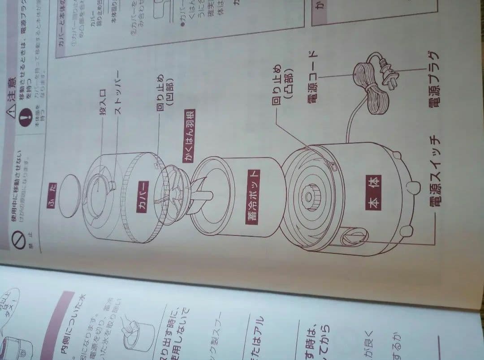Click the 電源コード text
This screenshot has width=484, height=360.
(312, 77)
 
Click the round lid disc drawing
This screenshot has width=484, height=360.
(68, 196)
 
